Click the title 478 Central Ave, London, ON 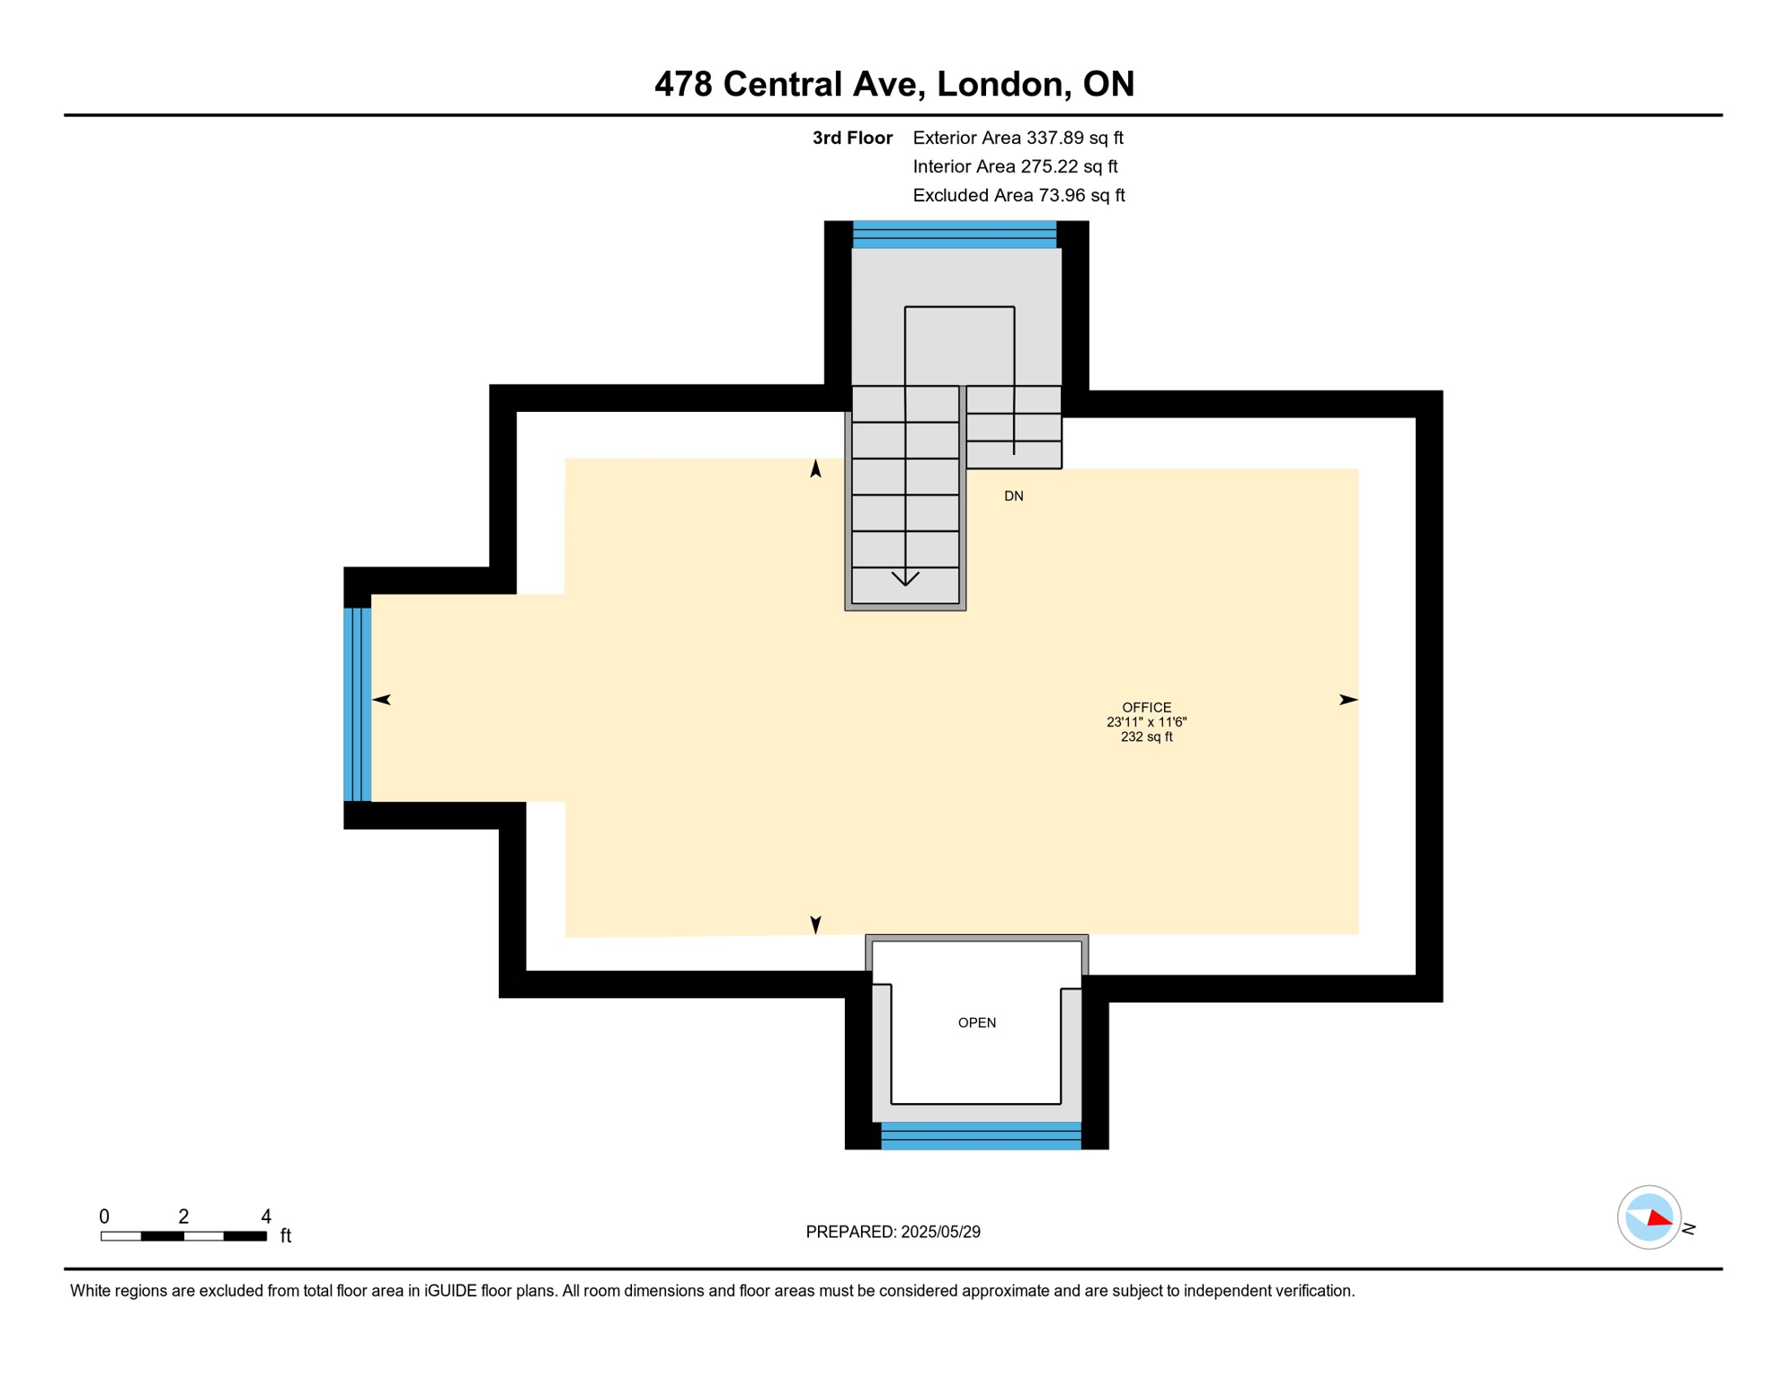point(893,84)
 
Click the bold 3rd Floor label point(851,138)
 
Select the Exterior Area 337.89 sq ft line point(1018,138)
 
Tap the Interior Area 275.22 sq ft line point(1015,166)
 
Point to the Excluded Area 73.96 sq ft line point(1018,195)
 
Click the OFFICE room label point(1146,708)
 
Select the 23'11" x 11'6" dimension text point(1146,722)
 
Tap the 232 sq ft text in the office point(1146,737)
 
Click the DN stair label point(1013,496)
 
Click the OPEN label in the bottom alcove point(976,1022)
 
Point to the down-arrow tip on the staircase point(905,584)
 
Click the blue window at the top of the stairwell point(954,235)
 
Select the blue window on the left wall point(357,704)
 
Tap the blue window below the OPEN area point(980,1136)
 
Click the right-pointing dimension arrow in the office point(1347,699)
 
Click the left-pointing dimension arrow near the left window point(381,699)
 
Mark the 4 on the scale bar point(266,1216)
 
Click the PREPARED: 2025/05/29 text point(893,1232)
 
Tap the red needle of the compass point(1659,1219)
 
